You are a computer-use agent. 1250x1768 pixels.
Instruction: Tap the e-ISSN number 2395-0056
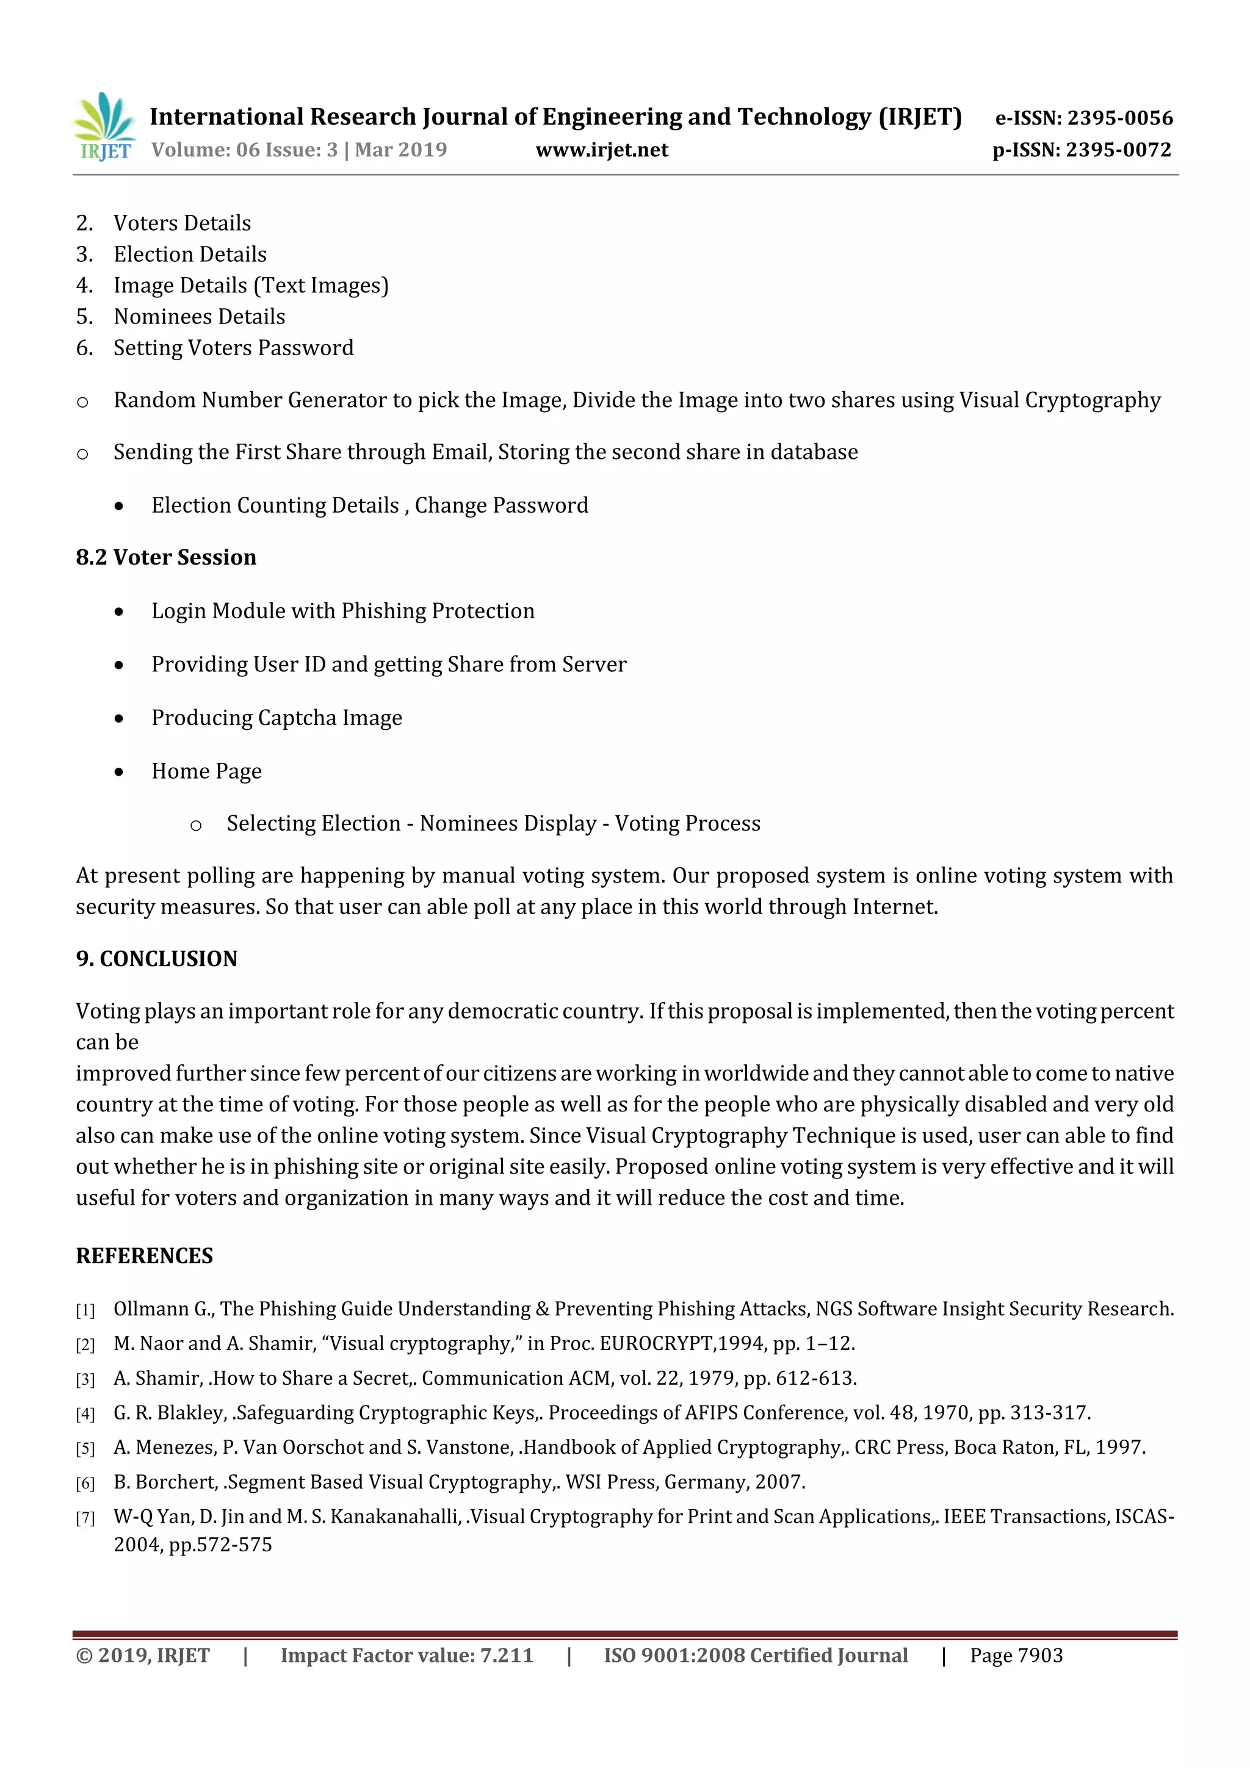(1119, 118)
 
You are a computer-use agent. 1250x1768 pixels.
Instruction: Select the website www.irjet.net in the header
(602, 150)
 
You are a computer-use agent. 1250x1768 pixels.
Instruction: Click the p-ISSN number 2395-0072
(1118, 150)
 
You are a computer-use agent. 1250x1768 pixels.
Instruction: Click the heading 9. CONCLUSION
(156, 959)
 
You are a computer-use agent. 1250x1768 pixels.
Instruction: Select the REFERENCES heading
(144, 1256)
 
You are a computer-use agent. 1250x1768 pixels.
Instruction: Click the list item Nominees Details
(200, 317)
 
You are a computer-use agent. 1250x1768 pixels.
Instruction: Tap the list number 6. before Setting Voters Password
(85, 348)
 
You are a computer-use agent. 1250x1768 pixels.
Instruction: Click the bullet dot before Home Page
(118, 771)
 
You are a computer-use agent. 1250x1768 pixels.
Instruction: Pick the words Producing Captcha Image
(276, 718)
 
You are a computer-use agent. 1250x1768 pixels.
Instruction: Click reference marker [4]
(85, 1415)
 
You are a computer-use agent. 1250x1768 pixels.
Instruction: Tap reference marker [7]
(85, 1518)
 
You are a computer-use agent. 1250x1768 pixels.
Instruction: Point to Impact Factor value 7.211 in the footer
(406, 1656)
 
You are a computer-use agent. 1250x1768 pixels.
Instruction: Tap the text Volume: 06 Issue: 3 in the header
(244, 150)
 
